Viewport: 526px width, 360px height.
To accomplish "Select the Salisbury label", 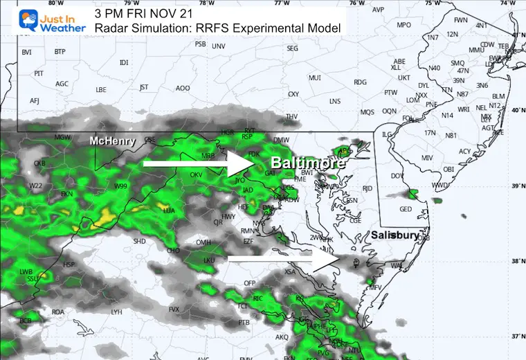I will pyautogui.click(x=394, y=235).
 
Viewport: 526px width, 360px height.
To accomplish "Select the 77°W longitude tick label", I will pyautogui.click(x=281, y=3).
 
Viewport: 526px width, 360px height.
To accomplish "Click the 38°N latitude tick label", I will pyautogui.click(x=516, y=261).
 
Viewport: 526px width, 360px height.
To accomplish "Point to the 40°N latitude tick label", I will pyautogui.click(x=516, y=110).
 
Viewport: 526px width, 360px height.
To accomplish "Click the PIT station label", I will pyautogui.click(x=39, y=73).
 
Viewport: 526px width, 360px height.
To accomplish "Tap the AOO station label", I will pyautogui.click(x=183, y=88).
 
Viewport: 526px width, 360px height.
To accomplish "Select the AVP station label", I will pyautogui.click(x=378, y=10).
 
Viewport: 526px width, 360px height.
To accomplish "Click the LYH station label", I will pyautogui.click(x=116, y=312).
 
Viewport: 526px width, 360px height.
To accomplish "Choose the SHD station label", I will pyautogui.click(x=139, y=241).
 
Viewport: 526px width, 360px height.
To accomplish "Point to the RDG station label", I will pyautogui.click(x=359, y=82).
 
